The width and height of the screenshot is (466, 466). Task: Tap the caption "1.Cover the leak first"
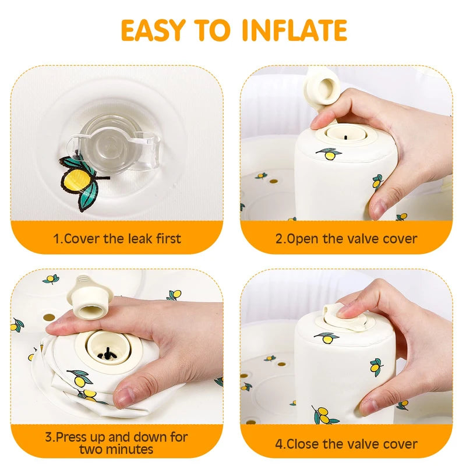coord(117,238)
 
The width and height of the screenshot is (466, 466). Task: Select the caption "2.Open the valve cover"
coord(346,238)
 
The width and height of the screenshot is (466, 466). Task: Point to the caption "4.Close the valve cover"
coord(346,443)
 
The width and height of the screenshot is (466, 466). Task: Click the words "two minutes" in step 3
coord(117,449)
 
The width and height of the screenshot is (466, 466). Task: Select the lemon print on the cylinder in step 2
coord(330,154)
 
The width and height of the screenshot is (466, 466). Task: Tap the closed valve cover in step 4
coord(344,315)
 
